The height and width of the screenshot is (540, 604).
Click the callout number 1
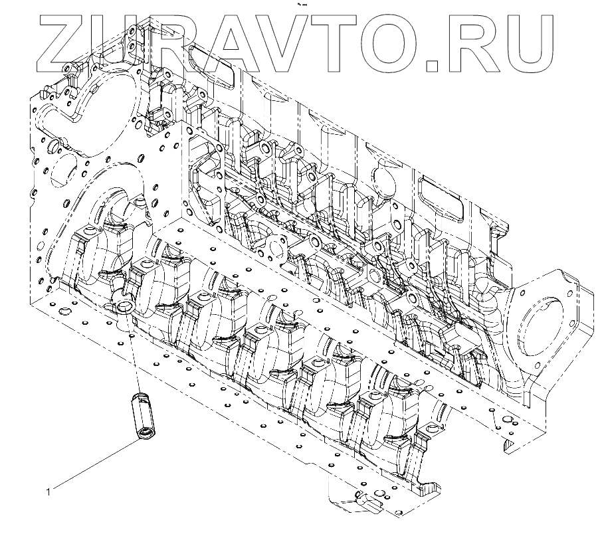tap(48, 492)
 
